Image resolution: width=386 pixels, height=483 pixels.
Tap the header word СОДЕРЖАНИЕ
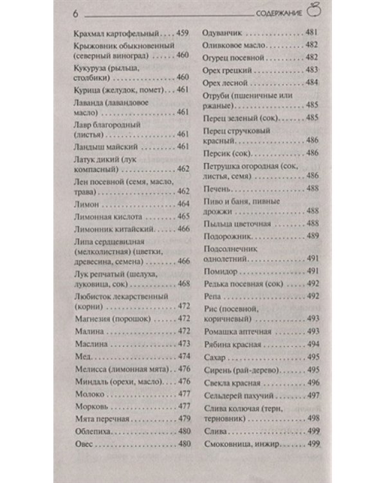280,13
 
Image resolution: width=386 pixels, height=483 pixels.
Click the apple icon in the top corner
313,10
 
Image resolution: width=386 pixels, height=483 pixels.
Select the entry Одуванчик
223,32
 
